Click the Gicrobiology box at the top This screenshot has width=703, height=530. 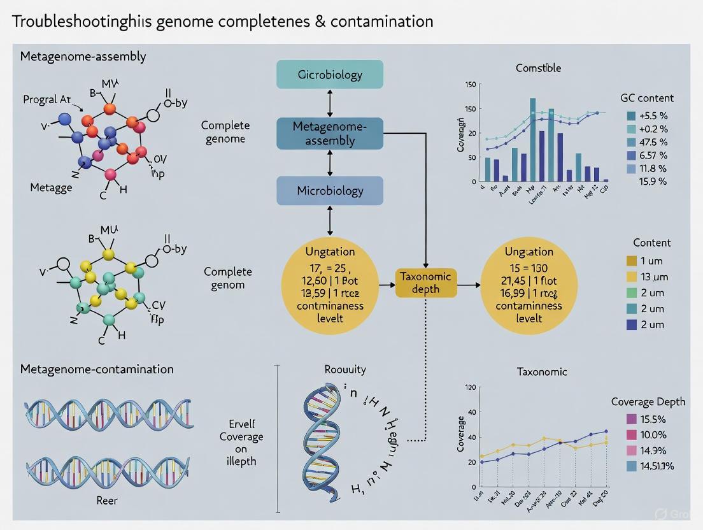(330, 75)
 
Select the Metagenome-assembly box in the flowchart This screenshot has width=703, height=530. (330, 133)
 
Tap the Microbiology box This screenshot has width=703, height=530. (330, 190)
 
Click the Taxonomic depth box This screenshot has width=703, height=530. (426, 282)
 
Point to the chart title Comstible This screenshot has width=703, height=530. (539, 68)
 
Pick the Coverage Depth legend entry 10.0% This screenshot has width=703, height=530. (651, 434)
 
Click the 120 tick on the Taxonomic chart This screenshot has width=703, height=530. (471, 387)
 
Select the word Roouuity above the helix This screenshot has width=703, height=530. (344, 369)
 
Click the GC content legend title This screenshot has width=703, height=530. (647, 98)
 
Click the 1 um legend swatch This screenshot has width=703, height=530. (632, 261)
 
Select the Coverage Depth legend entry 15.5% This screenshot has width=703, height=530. (651, 419)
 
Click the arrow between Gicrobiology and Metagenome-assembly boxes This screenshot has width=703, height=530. (330, 103)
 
